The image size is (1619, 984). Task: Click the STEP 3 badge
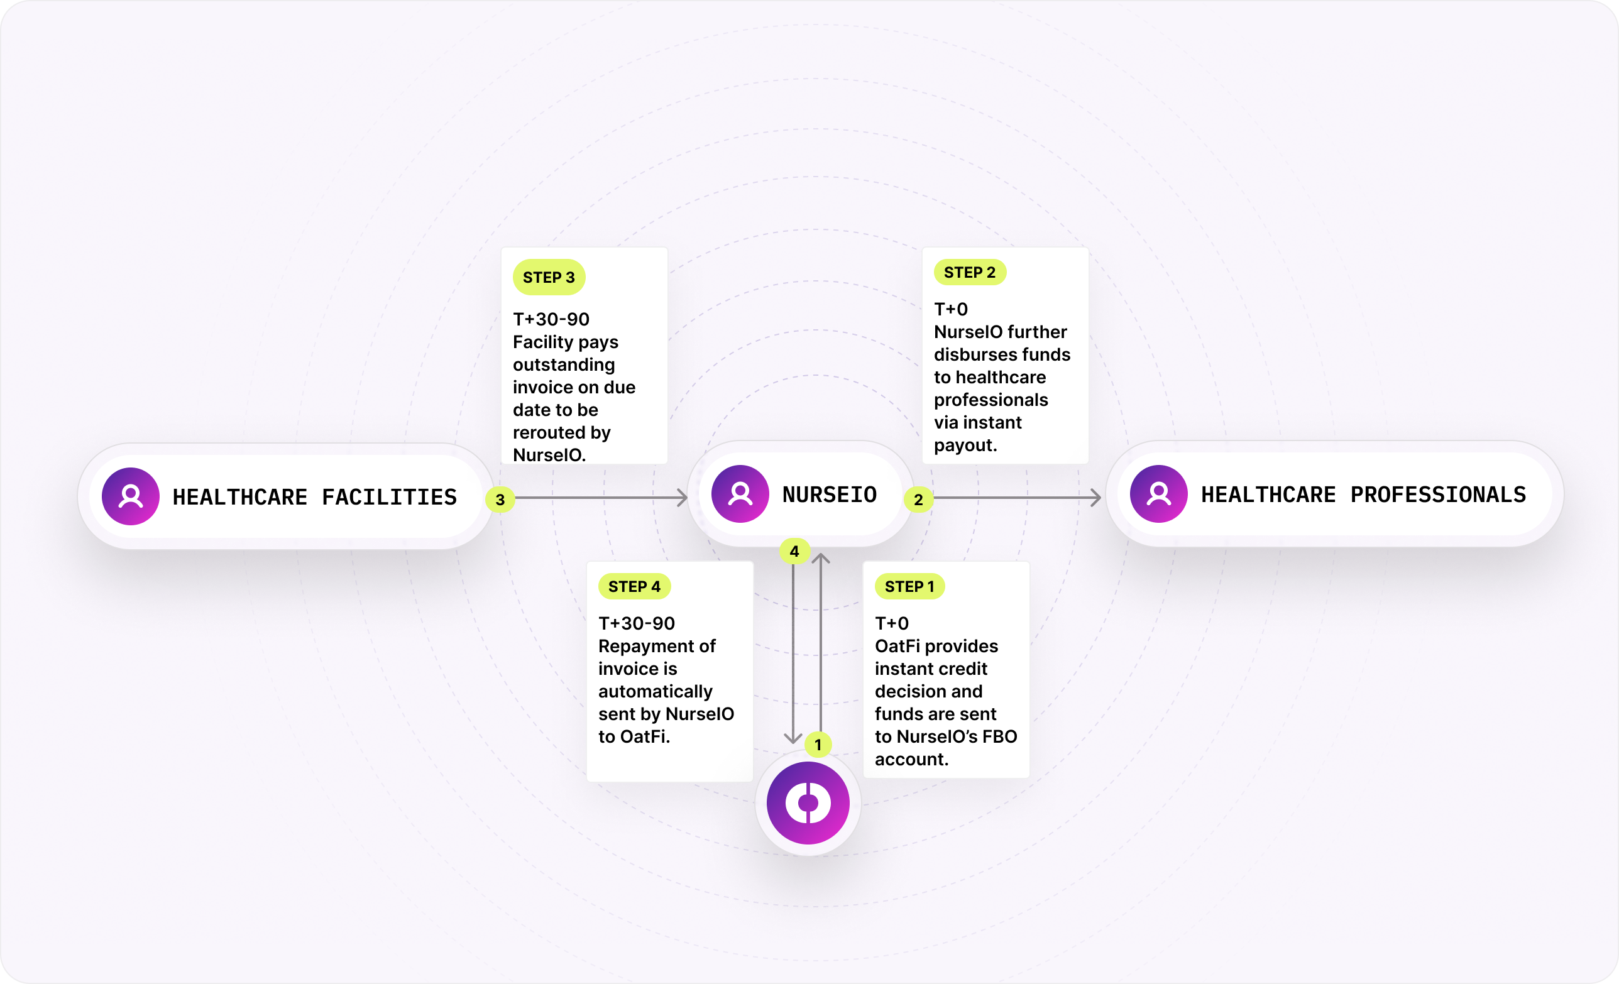549,277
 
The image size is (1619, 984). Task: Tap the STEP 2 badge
969,272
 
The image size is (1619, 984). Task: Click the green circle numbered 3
500,499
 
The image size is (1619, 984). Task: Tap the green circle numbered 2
918,499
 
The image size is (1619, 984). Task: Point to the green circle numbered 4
794,551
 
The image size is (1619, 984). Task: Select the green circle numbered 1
818,744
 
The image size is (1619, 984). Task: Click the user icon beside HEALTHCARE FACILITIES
130,496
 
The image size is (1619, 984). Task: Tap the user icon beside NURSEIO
740,493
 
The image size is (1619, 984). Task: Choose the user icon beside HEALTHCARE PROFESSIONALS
1158,493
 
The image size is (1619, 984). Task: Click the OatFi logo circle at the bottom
808,802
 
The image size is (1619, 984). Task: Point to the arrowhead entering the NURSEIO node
683,497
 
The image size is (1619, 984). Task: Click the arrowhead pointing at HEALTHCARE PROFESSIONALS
1096,497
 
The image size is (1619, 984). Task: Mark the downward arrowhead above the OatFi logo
793,738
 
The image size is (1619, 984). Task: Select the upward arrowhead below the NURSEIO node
821,559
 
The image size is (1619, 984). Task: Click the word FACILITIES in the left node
389,496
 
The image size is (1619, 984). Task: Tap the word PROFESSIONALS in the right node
1437,494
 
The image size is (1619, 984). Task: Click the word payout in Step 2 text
964,445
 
